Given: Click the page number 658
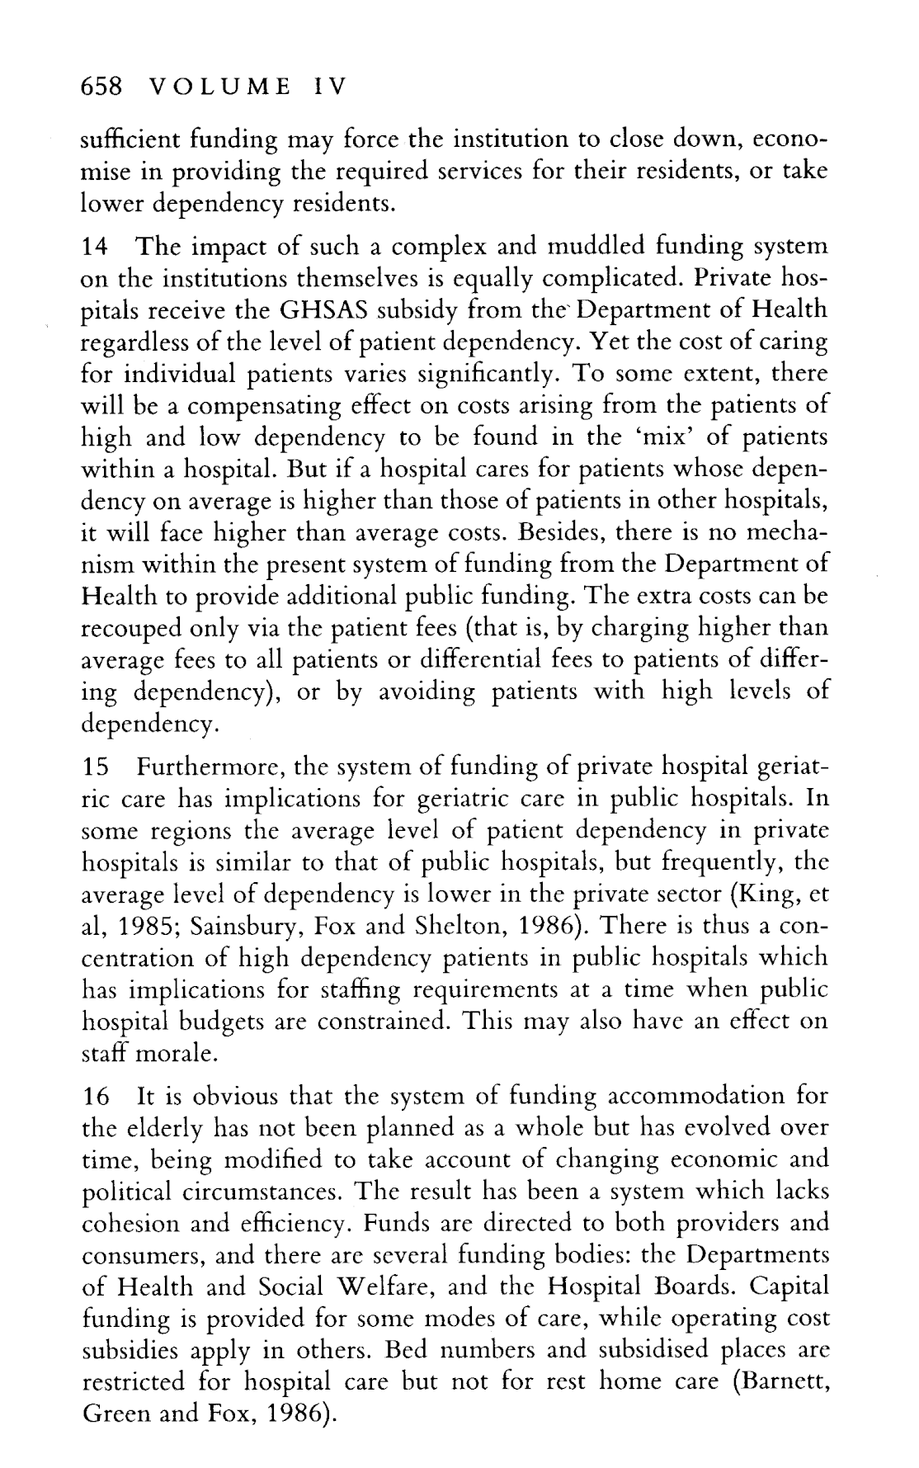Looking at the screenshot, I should coord(100,86).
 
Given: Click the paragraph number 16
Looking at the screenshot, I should coord(97,1097).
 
